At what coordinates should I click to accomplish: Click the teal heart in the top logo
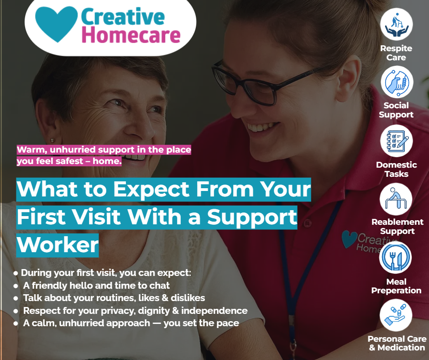pyautogui.click(x=56, y=24)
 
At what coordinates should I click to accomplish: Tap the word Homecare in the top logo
pyautogui.click(x=131, y=35)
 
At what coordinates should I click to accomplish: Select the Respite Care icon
pyautogui.click(x=397, y=24)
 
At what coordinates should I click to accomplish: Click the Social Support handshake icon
pyautogui.click(x=397, y=82)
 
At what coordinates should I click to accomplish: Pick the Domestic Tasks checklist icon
pyautogui.click(x=397, y=141)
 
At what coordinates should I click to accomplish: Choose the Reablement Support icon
pyautogui.click(x=396, y=199)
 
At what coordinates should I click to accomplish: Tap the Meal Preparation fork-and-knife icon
pyautogui.click(x=395, y=257)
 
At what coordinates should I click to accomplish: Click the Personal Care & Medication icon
pyautogui.click(x=396, y=315)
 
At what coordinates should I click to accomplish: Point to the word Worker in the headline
pyautogui.click(x=58, y=245)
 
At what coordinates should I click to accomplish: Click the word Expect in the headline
pyautogui.click(x=152, y=190)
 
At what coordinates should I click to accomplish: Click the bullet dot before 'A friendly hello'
pyautogui.click(x=16, y=286)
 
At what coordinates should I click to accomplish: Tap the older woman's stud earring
pyautogui.click(x=52, y=141)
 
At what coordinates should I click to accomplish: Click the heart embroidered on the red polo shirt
pyautogui.click(x=349, y=239)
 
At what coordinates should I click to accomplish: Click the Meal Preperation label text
pyautogui.click(x=396, y=286)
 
